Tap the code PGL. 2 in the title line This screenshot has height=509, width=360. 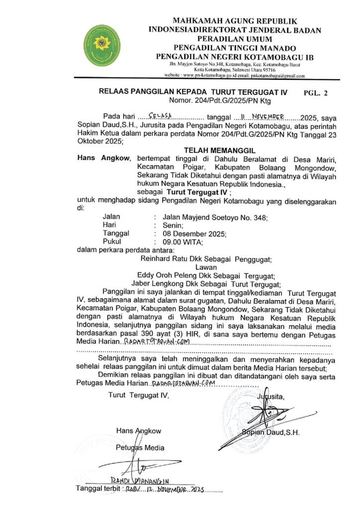[316, 92]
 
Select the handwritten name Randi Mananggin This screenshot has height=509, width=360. [141, 481]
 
